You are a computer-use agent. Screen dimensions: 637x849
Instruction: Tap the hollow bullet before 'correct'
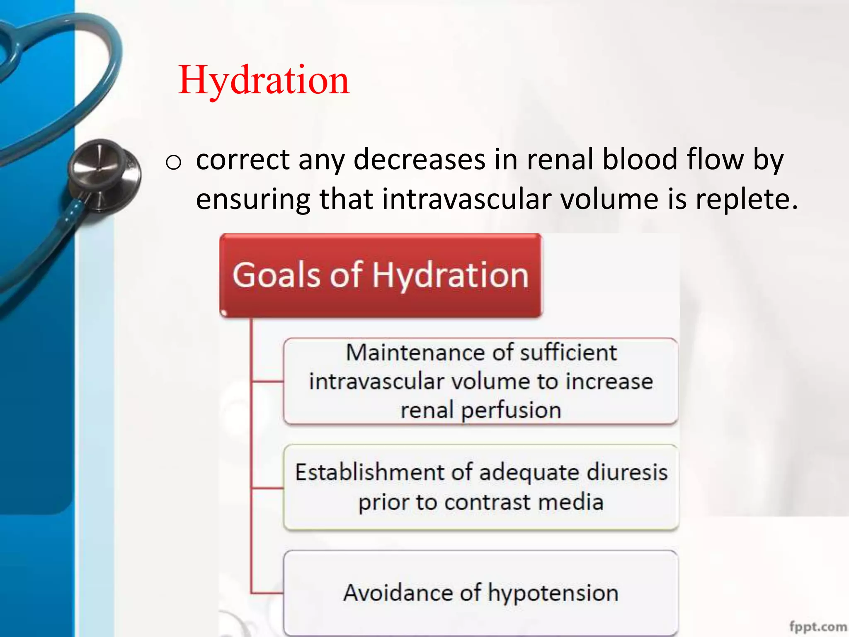pyautogui.click(x=173, y=162)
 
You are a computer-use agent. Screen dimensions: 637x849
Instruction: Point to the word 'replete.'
pyautogui.click(x=746, y=199)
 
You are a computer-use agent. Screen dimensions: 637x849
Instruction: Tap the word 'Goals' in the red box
pyautogui.click(x=276, y=275)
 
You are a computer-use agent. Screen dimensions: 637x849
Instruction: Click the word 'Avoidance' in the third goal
pyautogui.click(x=398, y=592)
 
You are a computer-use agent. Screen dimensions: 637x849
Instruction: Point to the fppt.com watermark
pyautogui.click(x=818, y=626)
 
